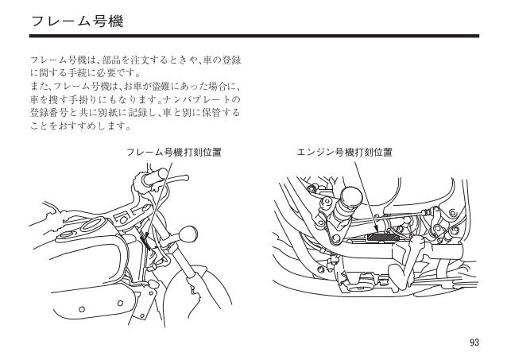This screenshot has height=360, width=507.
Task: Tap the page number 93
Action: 474,343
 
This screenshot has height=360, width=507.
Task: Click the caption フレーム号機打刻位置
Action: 174,150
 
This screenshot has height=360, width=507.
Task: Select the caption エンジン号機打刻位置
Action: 344,150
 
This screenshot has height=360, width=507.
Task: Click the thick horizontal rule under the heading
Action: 253,36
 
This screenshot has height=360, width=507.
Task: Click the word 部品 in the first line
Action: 103,60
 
